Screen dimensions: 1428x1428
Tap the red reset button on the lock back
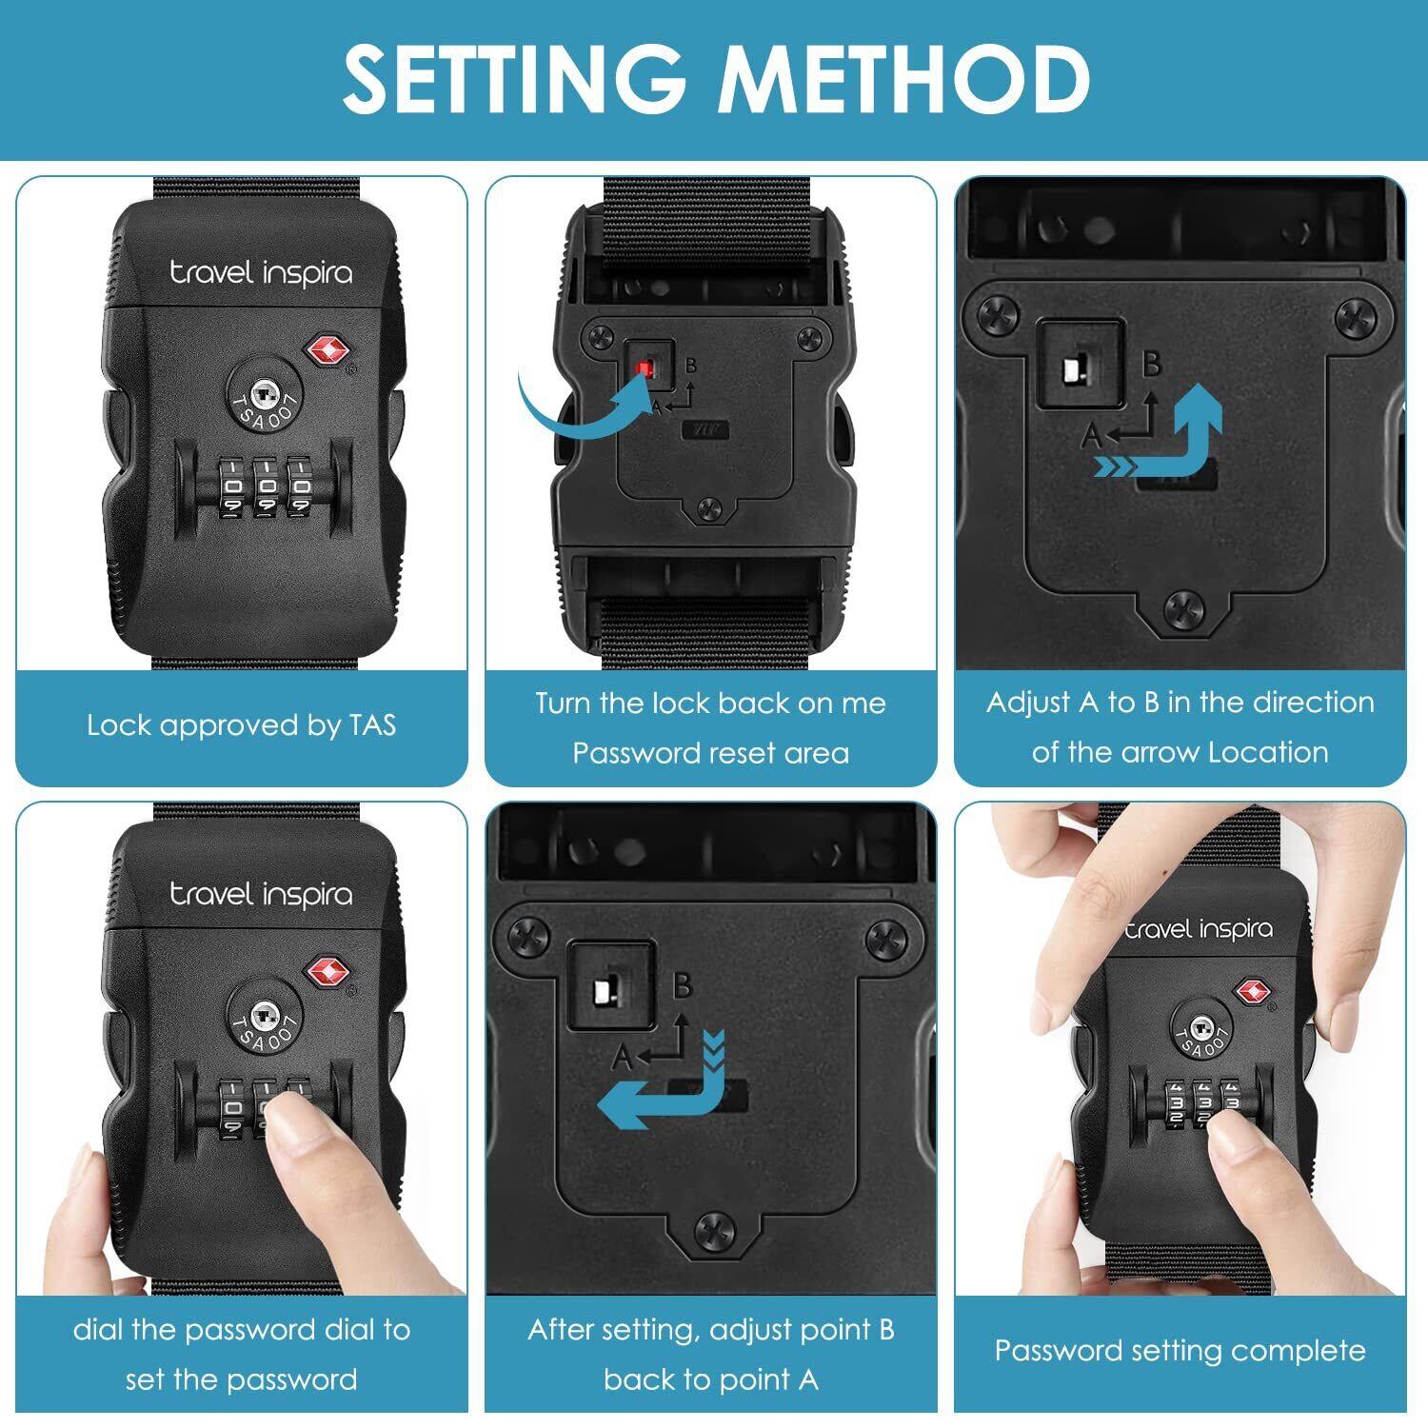[646, 367]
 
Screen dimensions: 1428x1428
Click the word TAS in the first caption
[372, 725]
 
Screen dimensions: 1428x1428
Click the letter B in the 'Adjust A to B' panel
[1152, 365]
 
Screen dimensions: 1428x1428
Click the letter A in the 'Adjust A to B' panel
[1092, 437]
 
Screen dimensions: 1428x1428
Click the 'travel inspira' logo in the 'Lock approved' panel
[261, 273]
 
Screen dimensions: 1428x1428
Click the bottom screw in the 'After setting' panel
[714, 1234]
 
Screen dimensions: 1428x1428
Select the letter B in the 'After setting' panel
[682, 985]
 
